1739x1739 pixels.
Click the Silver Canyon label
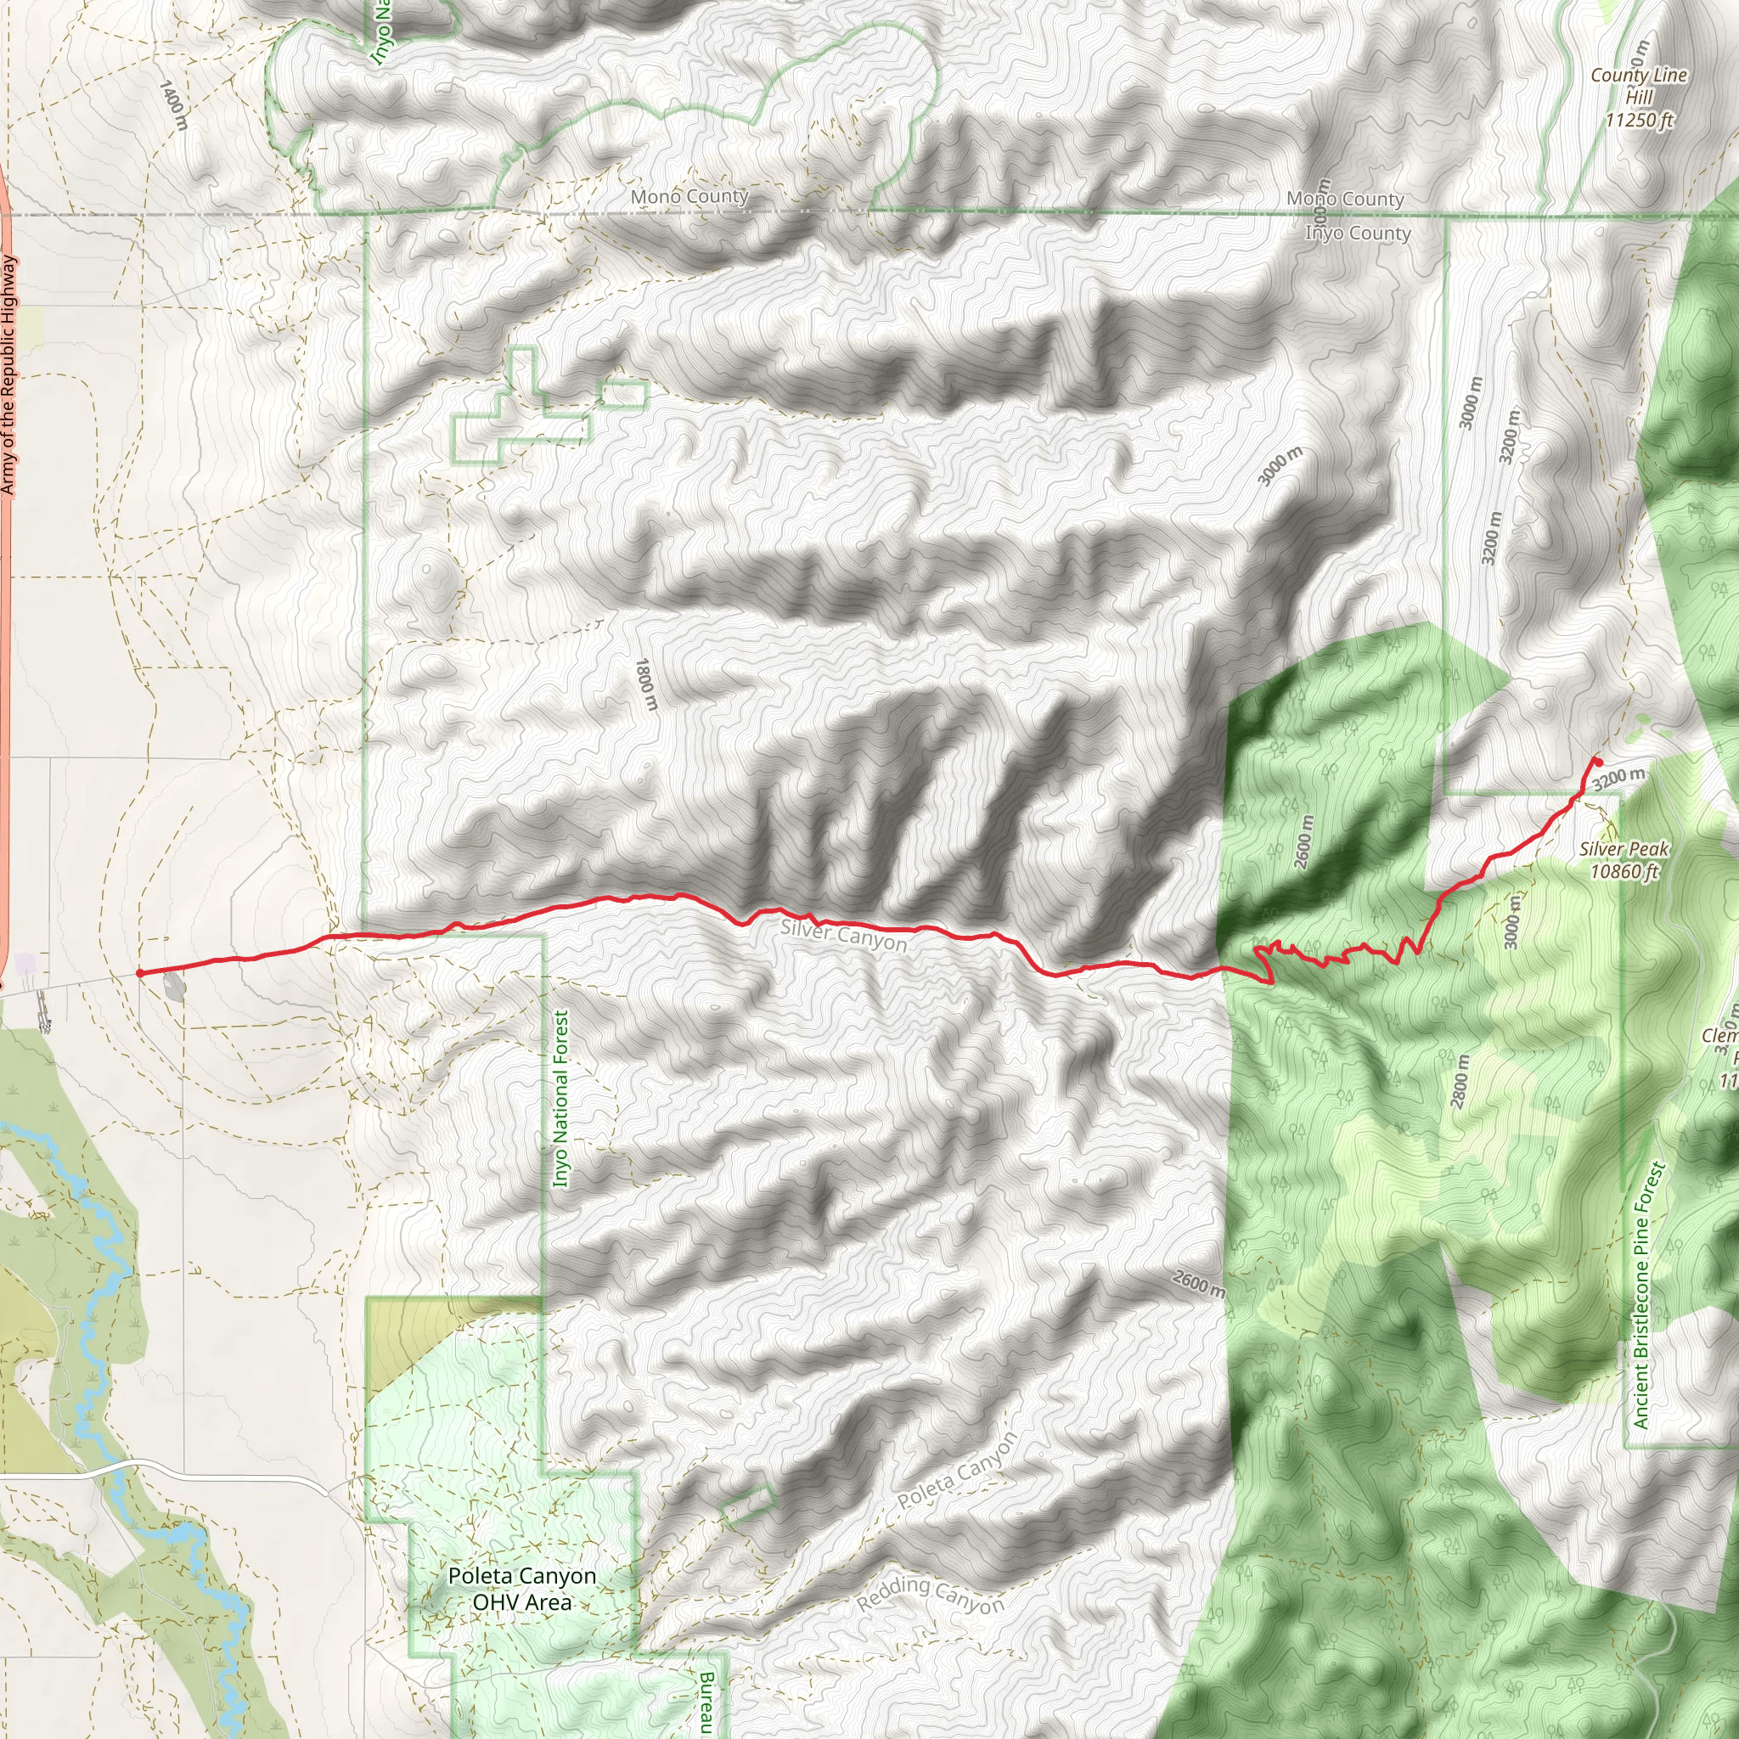(x=843, y=935)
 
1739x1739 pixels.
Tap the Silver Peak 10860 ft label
(x=1624, y=859)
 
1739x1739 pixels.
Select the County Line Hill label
(x=1638, y=97)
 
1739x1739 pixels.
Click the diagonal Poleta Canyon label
(x=958, y=1471)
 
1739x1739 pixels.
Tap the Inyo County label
(x=1358, y=234)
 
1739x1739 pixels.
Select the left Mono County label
(x=689, y=196)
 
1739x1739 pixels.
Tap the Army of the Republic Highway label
(x=8, y=374)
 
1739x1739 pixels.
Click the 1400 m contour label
(x=173, y=104)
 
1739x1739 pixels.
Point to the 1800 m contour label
(x=646, y=684)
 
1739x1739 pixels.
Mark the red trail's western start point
(x=139, y=973)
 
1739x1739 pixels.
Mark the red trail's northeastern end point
(x=1598, y=762)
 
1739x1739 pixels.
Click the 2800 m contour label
(x=1460, y=1081)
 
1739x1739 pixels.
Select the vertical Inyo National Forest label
(x=560, y=1098)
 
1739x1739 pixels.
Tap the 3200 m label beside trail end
(x=1618, y=778)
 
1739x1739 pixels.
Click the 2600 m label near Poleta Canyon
(x=1198, y=1284)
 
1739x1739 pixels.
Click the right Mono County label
(x=1345, y=198)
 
